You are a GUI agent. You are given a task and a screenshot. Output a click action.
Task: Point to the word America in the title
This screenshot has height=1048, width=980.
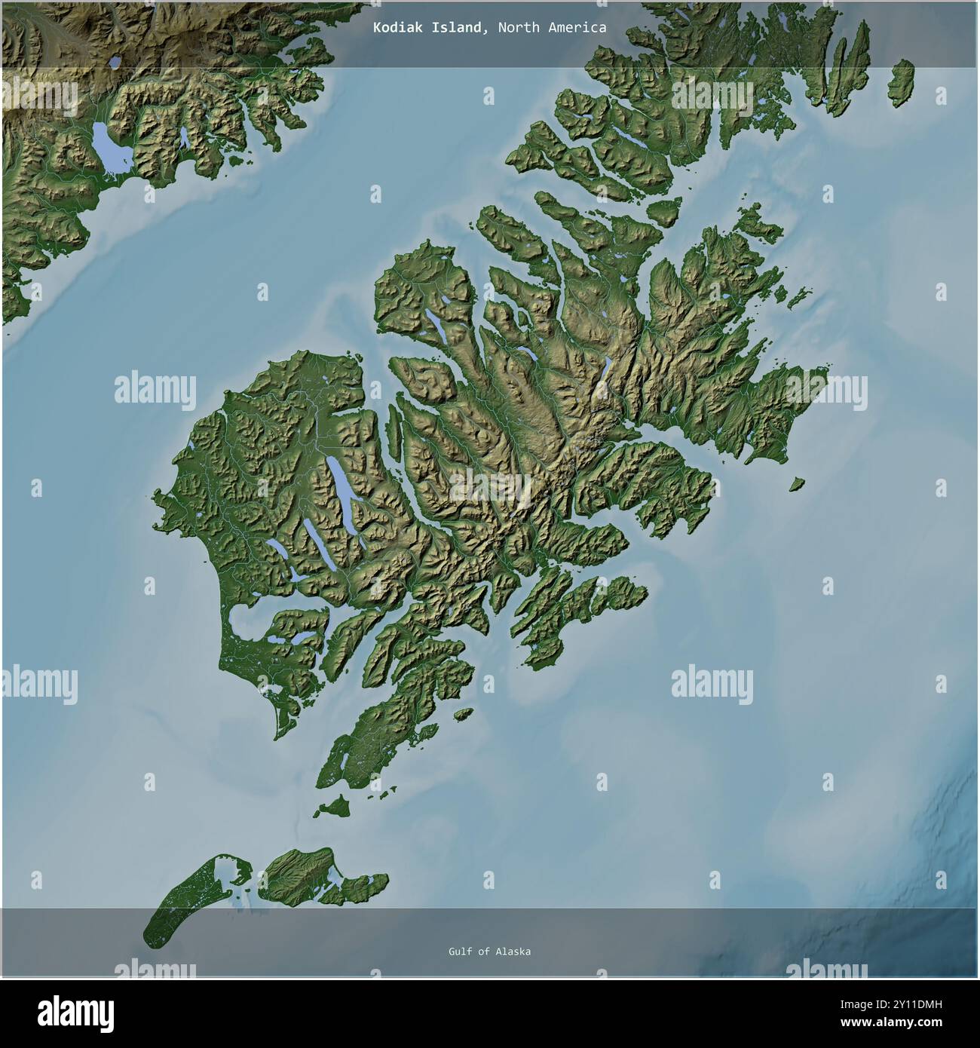[578, 28]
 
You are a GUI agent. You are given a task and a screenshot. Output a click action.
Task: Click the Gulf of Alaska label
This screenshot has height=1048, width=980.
[488, 951]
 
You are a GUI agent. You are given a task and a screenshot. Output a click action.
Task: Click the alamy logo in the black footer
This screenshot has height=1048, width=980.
[75, 1011]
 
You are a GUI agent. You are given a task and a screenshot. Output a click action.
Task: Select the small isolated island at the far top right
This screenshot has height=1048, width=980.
[900, 83]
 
